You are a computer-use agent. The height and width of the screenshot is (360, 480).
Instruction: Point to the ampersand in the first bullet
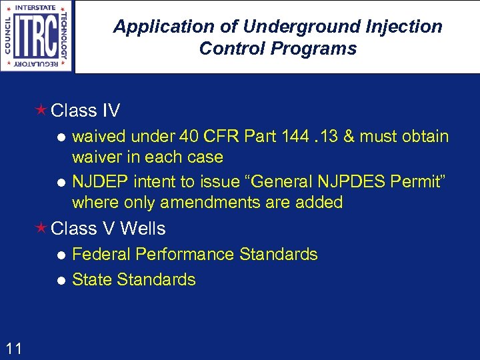click(366, 137)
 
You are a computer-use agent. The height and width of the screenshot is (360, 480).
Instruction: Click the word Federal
click(99, 254)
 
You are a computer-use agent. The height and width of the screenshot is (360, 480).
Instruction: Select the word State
click(92, 280)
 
